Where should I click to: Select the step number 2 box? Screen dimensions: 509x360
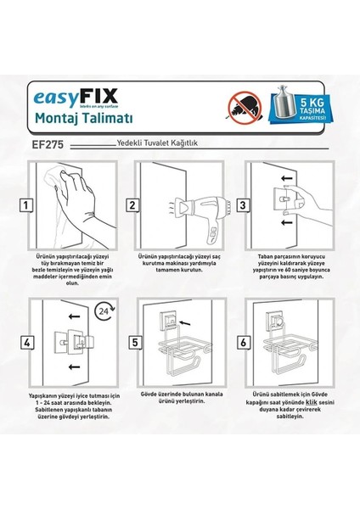click(132, 205)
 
